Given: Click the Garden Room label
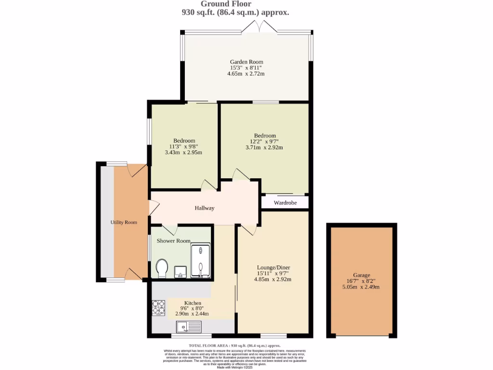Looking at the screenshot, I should [246, 62].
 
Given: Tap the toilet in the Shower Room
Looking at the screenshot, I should [162, 268].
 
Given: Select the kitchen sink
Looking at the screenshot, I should [189, 328].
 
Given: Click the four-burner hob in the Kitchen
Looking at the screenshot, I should [159, 308].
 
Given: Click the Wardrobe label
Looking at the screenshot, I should [285, 203].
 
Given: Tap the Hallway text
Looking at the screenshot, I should [204, 208].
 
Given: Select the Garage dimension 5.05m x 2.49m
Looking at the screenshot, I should [361, 287].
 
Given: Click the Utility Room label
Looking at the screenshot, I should [124, 222].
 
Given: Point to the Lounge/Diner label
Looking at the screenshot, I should [273, 267].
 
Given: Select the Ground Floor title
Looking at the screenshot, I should [233, 4].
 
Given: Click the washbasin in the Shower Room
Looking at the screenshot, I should [180, 273].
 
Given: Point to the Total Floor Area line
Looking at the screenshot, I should [234, 345].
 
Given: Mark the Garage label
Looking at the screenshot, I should [361, 275].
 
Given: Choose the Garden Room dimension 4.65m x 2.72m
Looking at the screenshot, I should [246, 74].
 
